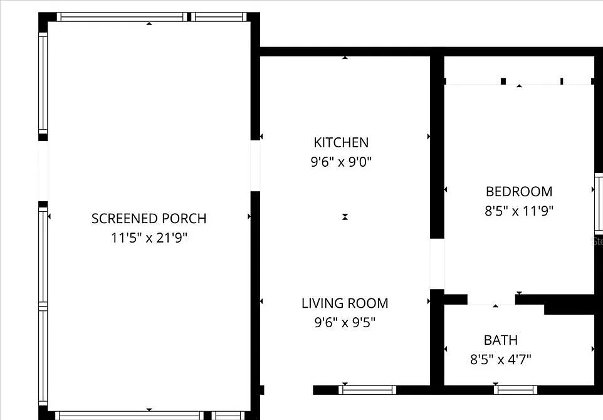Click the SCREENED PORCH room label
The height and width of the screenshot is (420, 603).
[149, 218]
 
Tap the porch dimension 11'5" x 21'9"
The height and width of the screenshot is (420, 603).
[149, 238]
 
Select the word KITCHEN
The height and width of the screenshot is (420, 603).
[341, 142]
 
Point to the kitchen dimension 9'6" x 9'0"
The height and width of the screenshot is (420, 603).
[341, 162]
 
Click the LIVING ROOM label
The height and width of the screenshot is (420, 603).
[345, 303]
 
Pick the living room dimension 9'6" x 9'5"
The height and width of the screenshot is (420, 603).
[345, 322]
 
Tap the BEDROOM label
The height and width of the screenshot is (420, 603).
[519, 191]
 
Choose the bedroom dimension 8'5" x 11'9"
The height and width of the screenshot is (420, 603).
[519, 211]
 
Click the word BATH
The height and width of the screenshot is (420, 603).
[501, 340]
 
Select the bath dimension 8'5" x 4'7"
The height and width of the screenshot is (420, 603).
[501, 359]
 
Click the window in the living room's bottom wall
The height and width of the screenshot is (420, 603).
[367, 390]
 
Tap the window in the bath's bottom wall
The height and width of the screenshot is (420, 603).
[515, 390]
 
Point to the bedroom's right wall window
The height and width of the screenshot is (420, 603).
[599, 202]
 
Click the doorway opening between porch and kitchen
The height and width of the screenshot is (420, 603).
[255, 165]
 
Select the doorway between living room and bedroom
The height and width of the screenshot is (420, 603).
[437, 263]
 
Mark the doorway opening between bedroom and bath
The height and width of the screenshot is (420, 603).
[491, 300]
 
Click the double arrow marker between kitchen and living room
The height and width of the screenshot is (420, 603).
[345, 217]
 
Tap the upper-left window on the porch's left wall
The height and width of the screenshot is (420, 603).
[43, 83]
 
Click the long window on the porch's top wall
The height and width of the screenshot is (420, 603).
[122, 17]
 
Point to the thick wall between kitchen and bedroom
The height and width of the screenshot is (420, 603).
[437, 147]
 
